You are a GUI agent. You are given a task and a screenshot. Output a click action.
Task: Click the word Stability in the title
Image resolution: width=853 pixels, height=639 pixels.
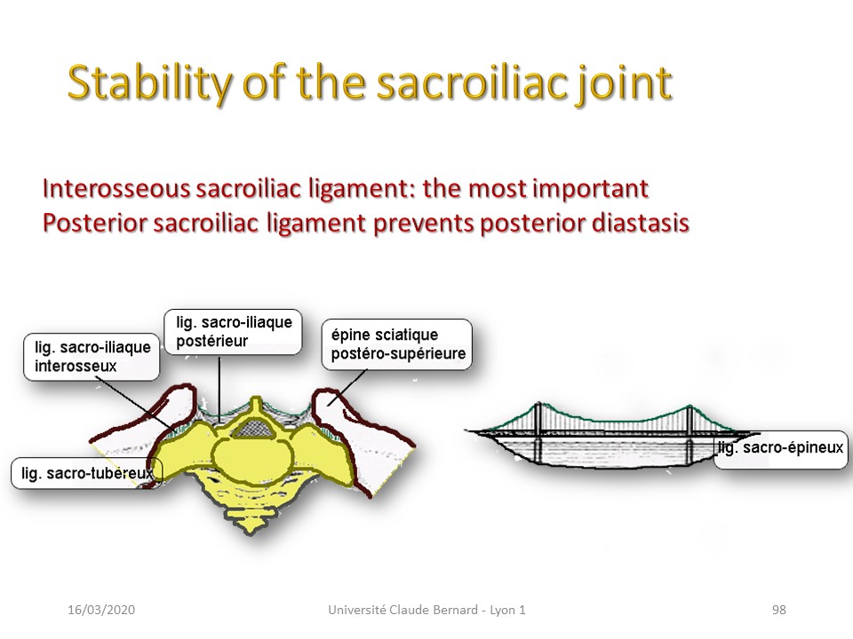pos(149,83)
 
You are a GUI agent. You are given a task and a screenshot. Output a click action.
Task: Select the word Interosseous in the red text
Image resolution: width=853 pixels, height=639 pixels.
pos(116,188)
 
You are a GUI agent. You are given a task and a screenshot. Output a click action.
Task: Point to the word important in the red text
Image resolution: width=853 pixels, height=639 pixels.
pos(590,188)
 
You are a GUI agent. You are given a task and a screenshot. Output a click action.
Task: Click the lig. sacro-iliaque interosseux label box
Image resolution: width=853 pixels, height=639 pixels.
pos(92,357)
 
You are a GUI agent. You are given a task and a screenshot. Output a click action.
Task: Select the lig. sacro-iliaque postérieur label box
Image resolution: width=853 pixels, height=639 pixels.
pos(233,331)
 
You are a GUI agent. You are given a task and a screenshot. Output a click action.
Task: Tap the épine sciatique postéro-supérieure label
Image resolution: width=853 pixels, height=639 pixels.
pos(397,344)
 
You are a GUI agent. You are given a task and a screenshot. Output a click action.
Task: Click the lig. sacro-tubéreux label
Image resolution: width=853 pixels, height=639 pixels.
pos(87,473)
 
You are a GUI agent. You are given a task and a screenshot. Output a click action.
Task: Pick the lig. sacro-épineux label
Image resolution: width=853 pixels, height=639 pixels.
pos(781,448)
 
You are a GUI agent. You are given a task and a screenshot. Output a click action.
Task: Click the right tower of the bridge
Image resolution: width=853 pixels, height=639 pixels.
pos(690,434)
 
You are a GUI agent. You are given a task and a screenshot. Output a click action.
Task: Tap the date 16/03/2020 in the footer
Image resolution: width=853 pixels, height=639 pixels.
pos(101,610)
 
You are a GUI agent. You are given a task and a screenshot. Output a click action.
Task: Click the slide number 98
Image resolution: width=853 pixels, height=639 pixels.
pos(779,610)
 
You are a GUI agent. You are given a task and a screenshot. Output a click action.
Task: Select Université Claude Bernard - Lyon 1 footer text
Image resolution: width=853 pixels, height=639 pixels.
pos(427,610)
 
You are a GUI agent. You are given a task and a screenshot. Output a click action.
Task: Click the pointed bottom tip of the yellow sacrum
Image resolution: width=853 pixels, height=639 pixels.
pos(251,532)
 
